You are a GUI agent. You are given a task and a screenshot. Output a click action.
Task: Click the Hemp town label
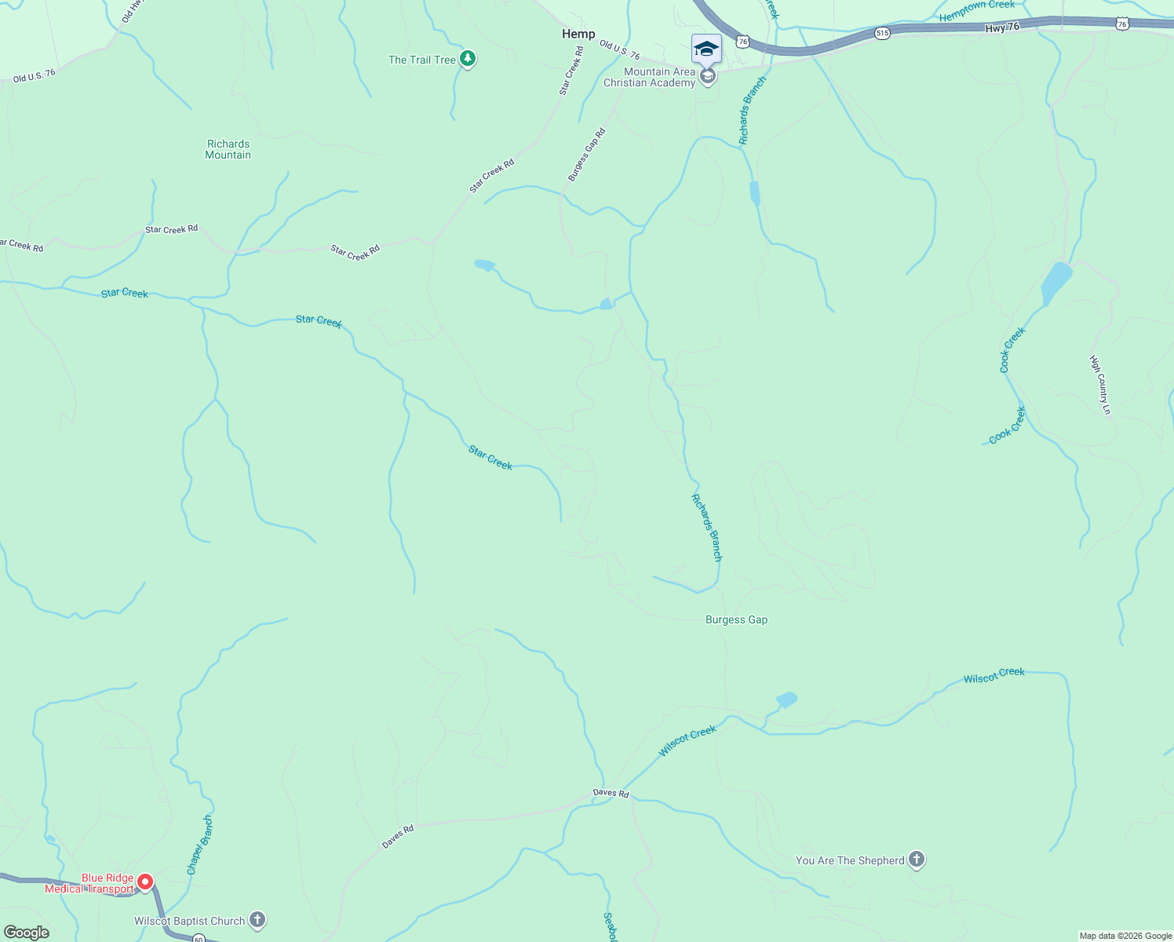click(x=578, y=34)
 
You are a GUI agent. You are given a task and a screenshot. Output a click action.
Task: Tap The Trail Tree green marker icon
click(x=468, y=59)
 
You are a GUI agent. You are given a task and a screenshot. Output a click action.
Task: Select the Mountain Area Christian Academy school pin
click(x=707, y=76)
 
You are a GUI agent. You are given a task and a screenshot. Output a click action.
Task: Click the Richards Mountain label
click(x=228, y=149)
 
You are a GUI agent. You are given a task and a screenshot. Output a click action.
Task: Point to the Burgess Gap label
click(x=736, y=619)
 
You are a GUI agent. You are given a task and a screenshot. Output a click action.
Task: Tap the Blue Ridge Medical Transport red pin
click(x=145, y=882)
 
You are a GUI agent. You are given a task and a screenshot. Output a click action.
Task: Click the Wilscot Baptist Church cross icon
click(x=257, y=920)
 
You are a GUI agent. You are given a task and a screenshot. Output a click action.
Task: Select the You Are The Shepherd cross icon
click(x=917, y=860)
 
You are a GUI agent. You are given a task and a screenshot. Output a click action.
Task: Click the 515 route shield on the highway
click(x=883, y=33)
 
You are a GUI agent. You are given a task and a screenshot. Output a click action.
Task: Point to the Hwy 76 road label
click(x=1002, y=27)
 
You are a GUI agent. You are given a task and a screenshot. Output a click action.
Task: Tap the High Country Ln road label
click(x=1100, y=385)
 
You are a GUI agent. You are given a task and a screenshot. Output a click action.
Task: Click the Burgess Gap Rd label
click(x=587, y=155)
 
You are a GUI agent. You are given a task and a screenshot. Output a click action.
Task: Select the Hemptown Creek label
click(x=977, y=10)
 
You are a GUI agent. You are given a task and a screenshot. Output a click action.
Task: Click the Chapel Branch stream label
click(x=200, y=845)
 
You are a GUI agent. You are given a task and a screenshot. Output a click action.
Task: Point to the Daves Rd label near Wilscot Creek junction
click(x=611, y=793)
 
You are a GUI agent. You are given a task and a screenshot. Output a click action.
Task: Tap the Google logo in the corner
click(x=27, y=932)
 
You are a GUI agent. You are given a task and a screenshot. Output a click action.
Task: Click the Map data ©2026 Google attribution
click(x=1125, y=936)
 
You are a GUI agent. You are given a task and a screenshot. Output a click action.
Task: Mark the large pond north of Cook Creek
click(x=1056, y=283)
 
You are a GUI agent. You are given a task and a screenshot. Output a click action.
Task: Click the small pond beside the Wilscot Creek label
click(x=786, y=699)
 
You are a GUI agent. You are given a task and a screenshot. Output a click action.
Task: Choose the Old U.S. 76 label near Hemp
click(x=620, y=50)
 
